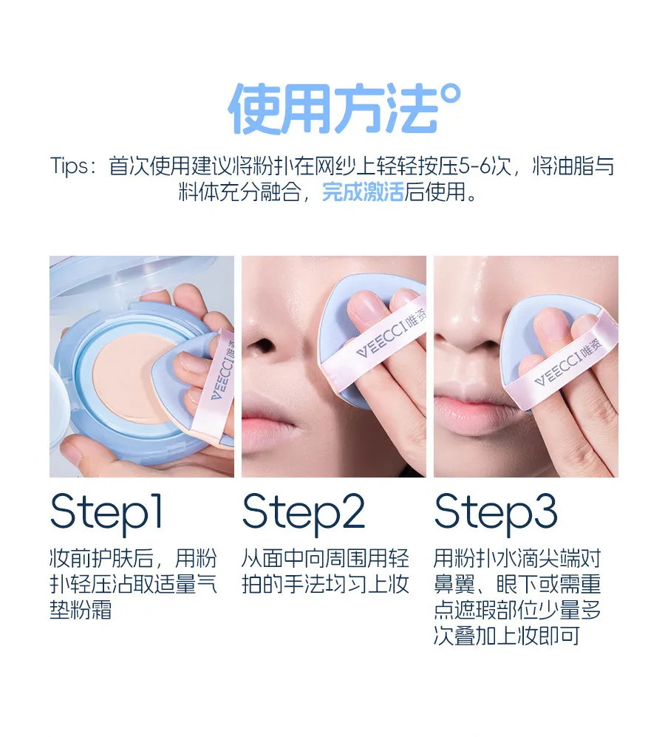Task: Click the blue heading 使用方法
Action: (x=334, y=109)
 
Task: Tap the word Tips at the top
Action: (x=69, y=166)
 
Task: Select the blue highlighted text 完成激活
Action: (x=363, y=191)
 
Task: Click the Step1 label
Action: (x=106, y=513)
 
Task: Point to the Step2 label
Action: (x=304, y=513)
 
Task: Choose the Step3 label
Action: (x=496, y=513)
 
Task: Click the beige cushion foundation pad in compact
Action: (x=127, y=376)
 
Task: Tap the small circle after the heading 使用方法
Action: (x=452, y=94)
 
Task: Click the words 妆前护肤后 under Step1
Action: (x=101, y=558)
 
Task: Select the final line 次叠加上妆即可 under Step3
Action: (x=507, y=636)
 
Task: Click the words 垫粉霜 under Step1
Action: (x=81, y=610)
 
